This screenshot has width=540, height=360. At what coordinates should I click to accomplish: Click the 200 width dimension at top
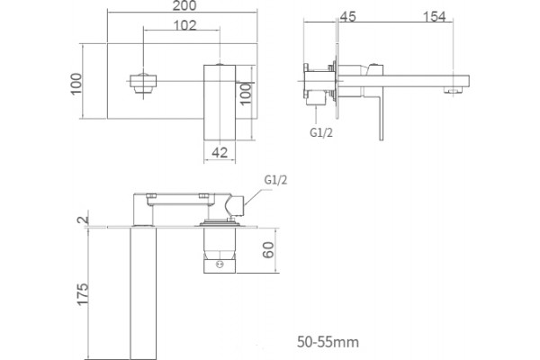184,5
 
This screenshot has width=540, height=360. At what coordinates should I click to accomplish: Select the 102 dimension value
184,25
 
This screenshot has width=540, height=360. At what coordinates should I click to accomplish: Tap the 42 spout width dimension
220,152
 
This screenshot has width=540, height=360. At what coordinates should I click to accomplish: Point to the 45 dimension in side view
347,16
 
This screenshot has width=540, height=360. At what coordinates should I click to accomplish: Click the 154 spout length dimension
435,16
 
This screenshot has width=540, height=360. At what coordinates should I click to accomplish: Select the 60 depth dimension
268,250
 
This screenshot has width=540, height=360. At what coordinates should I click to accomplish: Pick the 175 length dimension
83,294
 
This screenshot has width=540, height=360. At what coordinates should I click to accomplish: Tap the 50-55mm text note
328,342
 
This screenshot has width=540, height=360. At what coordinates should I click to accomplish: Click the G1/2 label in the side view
321,132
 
